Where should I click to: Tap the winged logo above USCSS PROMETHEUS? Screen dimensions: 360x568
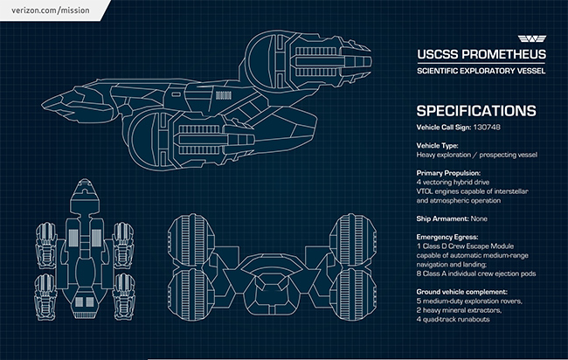point(530,40)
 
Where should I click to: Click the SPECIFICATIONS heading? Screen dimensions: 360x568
point(475,111)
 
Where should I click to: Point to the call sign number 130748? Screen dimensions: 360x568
point(494,128)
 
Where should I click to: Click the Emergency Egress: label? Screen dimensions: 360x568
point(446,236)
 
